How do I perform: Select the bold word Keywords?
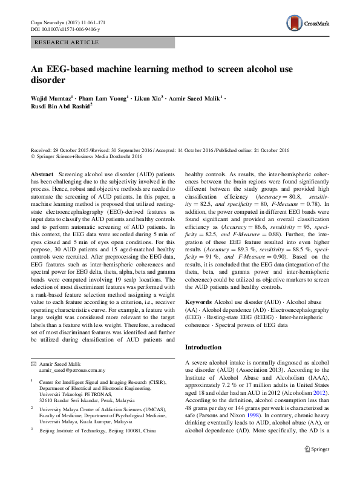pyautogui.click(x=198, y=301)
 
